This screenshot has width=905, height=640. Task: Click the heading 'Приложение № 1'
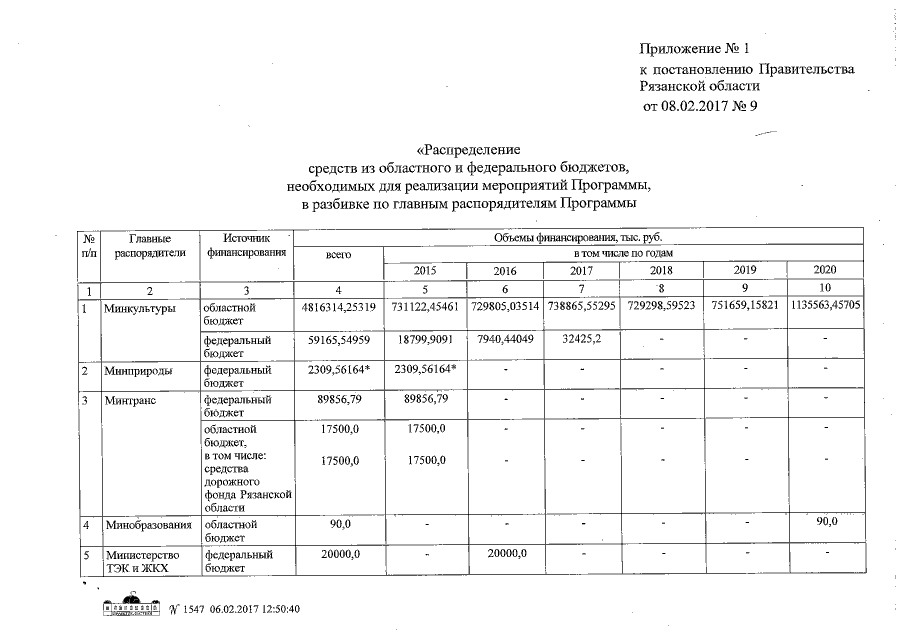[694, 49]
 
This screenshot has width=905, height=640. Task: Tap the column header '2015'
[426, 271]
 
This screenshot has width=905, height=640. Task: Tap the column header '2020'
[826, 270]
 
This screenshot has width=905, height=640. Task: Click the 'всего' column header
[339, 255]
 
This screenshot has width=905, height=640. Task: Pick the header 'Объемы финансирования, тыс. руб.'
[578, 237]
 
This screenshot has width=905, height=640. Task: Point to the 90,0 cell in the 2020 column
[826, 522]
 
